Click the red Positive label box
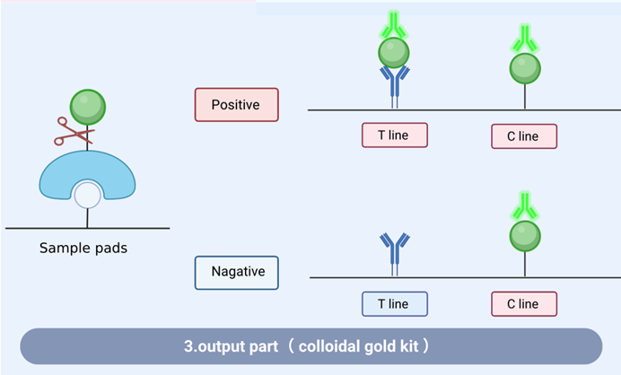[x=236, y=105]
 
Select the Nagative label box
[x=236, y=273]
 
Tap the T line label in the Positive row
[x=395, y=135]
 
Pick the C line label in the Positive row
[x=524, y=136]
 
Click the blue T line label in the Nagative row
[x=395, y=304]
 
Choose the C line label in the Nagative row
[x=524, y=304]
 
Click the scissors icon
[x=74, y=132]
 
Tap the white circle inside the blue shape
[x=88, y=194]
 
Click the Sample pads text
[x=83, y=248]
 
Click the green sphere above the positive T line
[x=394, y=53]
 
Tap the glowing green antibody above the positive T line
[x=394, y=24]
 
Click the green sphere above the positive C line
[x=525, y=67]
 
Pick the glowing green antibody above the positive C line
[x=525, y=39]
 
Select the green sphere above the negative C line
[x=525, y=236]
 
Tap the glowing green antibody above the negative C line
[x=525, y=207]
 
